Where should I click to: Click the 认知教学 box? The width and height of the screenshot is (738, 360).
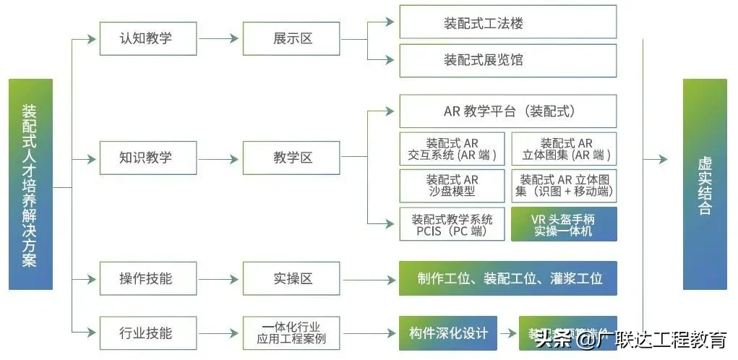click(147, 38)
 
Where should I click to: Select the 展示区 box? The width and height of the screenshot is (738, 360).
click(291, 38)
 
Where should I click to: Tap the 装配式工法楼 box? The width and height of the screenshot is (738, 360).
click(507, 22)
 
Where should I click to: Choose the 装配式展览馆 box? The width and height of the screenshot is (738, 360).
click(507, 59)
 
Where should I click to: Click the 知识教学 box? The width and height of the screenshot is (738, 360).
click(147, 158)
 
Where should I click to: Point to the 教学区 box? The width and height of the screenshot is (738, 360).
click(291, 158)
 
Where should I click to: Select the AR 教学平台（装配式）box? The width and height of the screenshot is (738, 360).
click(507, 111)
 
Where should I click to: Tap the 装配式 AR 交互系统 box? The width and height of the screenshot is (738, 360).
click(452, 149)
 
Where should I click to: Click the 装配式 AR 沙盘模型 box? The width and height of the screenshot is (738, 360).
click(452, 186)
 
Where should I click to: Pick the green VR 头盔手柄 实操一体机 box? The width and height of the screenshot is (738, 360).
click(564, 224)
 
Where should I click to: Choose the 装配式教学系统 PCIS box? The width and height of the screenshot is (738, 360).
click(452, 224)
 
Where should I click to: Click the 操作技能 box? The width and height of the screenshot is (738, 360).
click(147, 278)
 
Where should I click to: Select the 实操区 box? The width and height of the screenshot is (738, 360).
click(291, 278)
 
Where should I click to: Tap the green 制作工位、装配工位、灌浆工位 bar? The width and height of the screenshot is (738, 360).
click(507, 278)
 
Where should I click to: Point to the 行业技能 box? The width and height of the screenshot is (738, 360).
click(147, 333)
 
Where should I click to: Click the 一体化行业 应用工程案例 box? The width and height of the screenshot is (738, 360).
click(291, 333)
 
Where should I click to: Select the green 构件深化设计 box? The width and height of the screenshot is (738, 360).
click(448, 333)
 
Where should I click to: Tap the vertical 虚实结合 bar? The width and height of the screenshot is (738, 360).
click(705, 185)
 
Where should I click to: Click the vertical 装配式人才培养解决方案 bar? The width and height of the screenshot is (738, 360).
click(30, 185)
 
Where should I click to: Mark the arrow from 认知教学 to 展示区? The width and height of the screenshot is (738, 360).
click(220, 38)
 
